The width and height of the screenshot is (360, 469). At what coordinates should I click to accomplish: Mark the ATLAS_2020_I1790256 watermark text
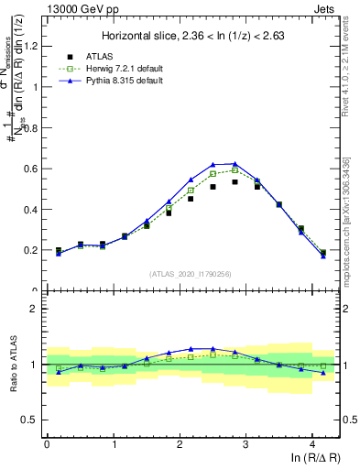coord(191,273)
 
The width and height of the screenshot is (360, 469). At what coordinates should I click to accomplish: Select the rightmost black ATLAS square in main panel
coord(323,253)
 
